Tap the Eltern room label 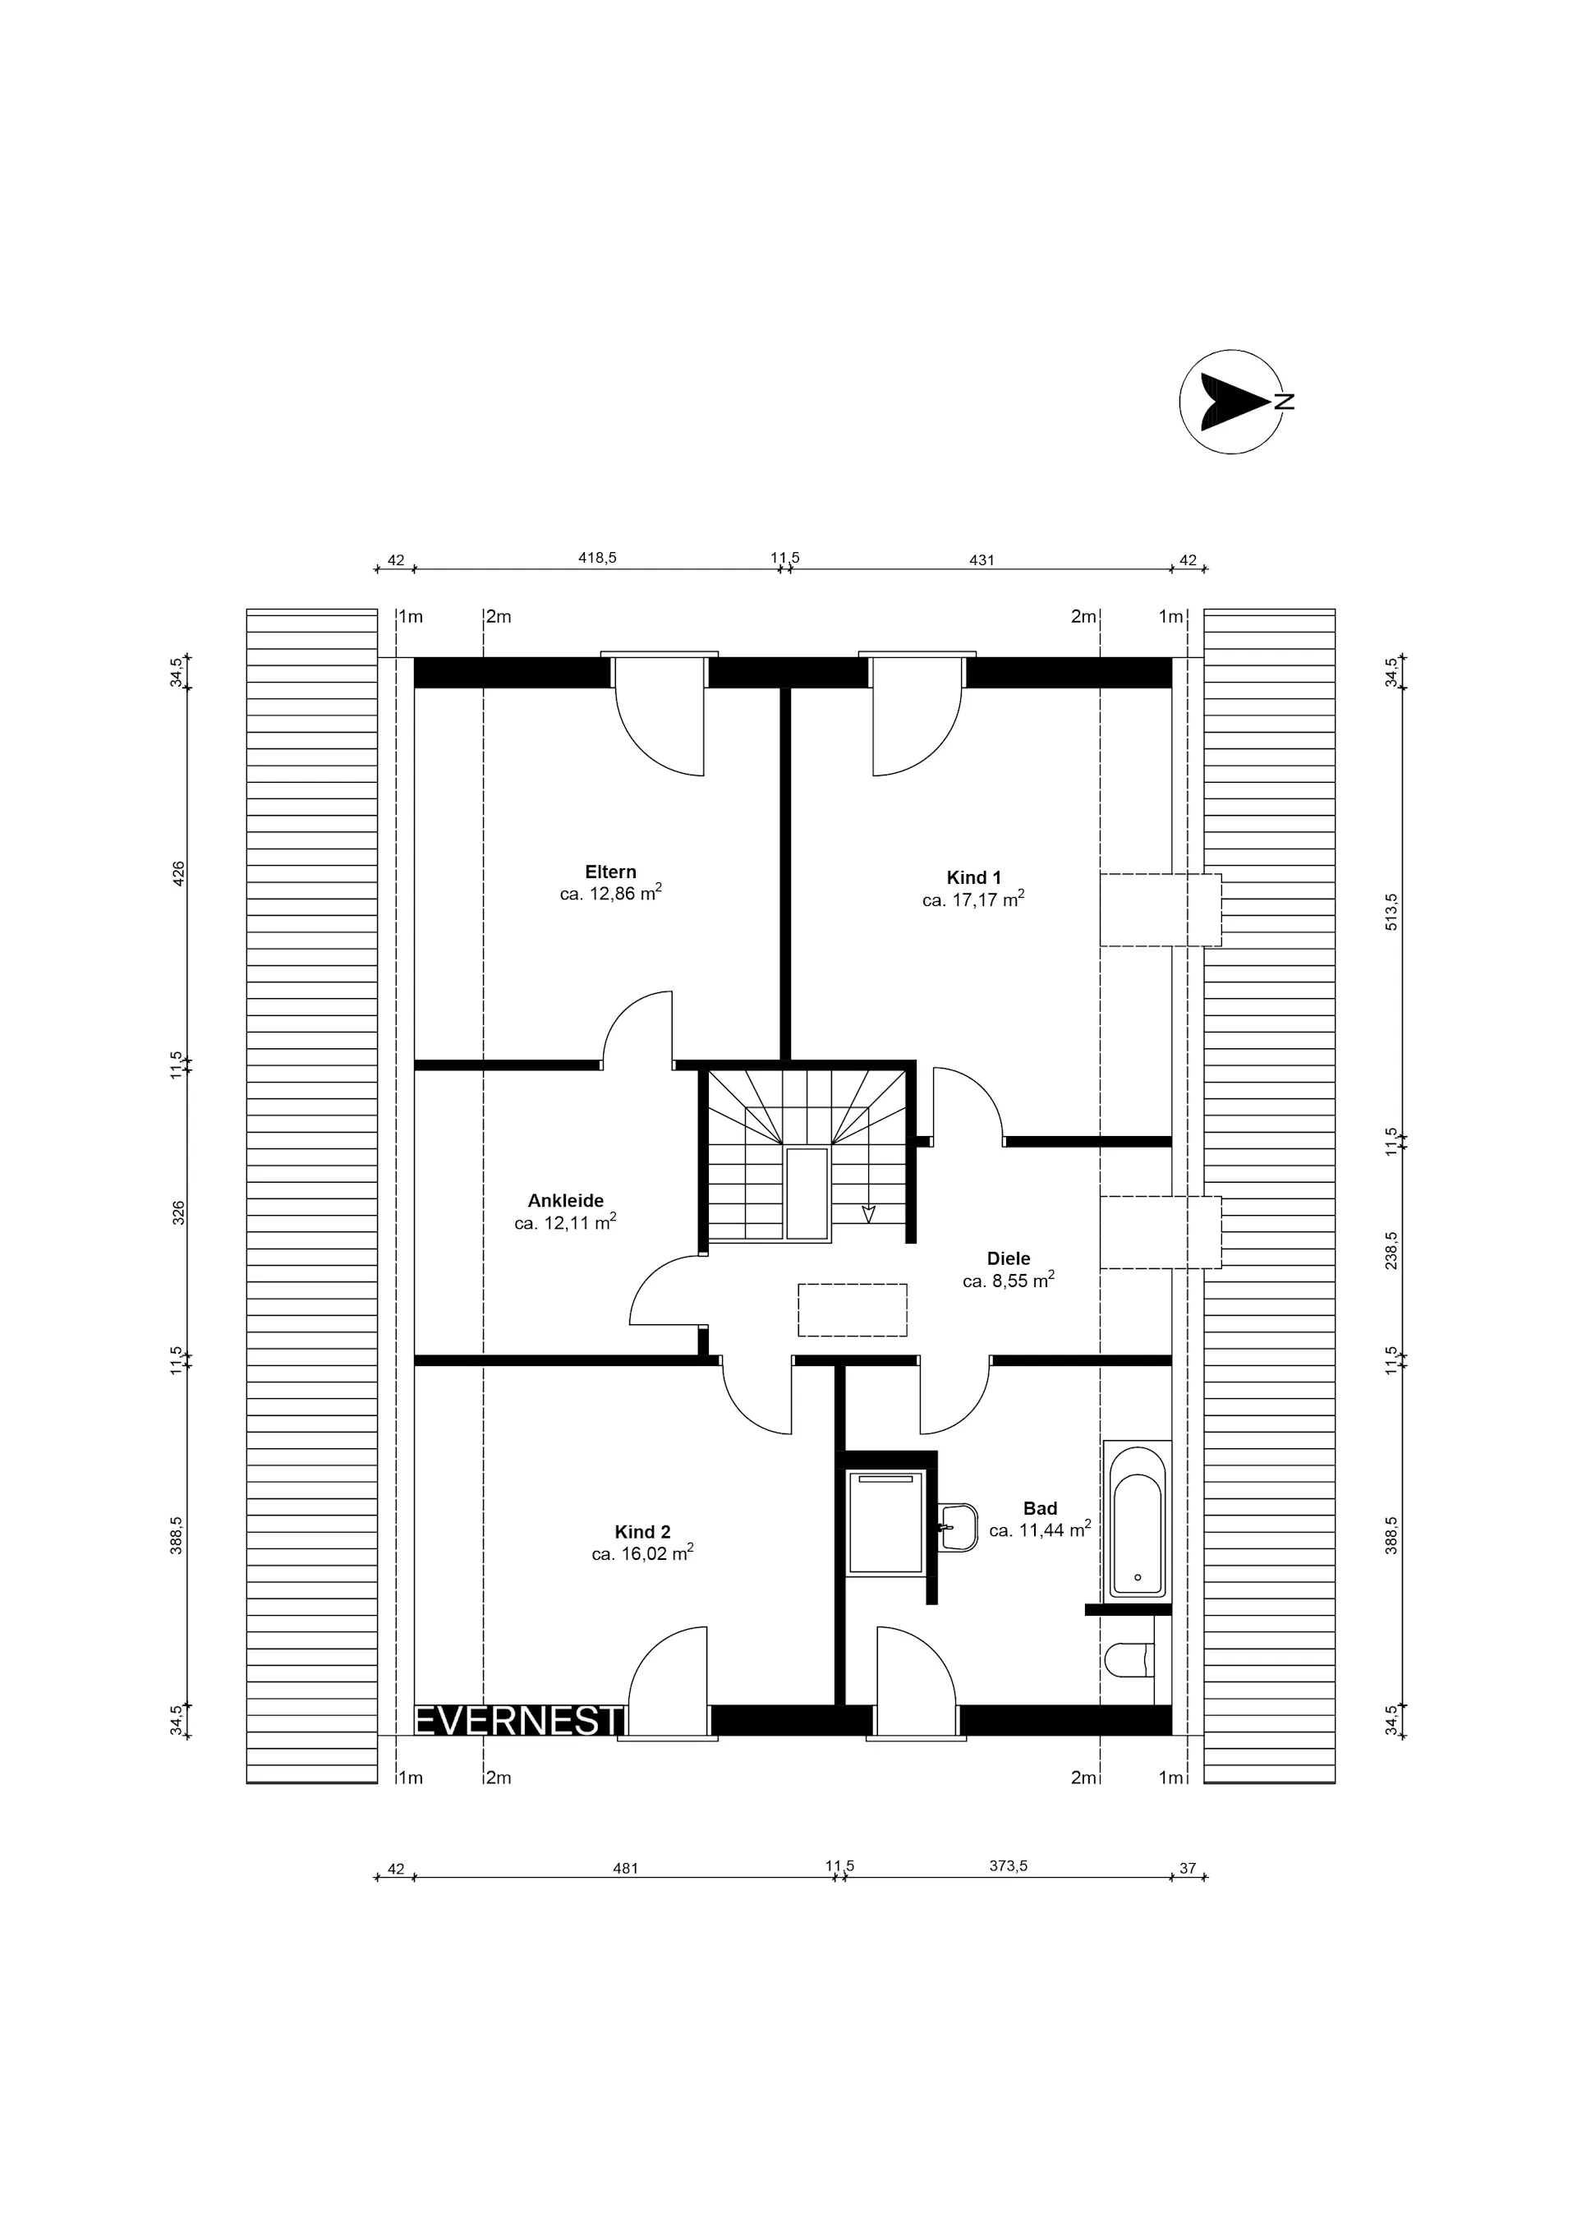(610, 872)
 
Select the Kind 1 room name (973, 877)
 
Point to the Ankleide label (566, 1201)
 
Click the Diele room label (1009, 1258)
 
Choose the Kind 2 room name (642, 1532)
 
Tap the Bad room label (1040, 1508)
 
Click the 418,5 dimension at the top (598, 558)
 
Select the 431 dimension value (982, 559)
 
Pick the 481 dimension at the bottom (625, 1868)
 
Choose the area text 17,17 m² (973, 899)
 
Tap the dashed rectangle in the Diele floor (852, 1310)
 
